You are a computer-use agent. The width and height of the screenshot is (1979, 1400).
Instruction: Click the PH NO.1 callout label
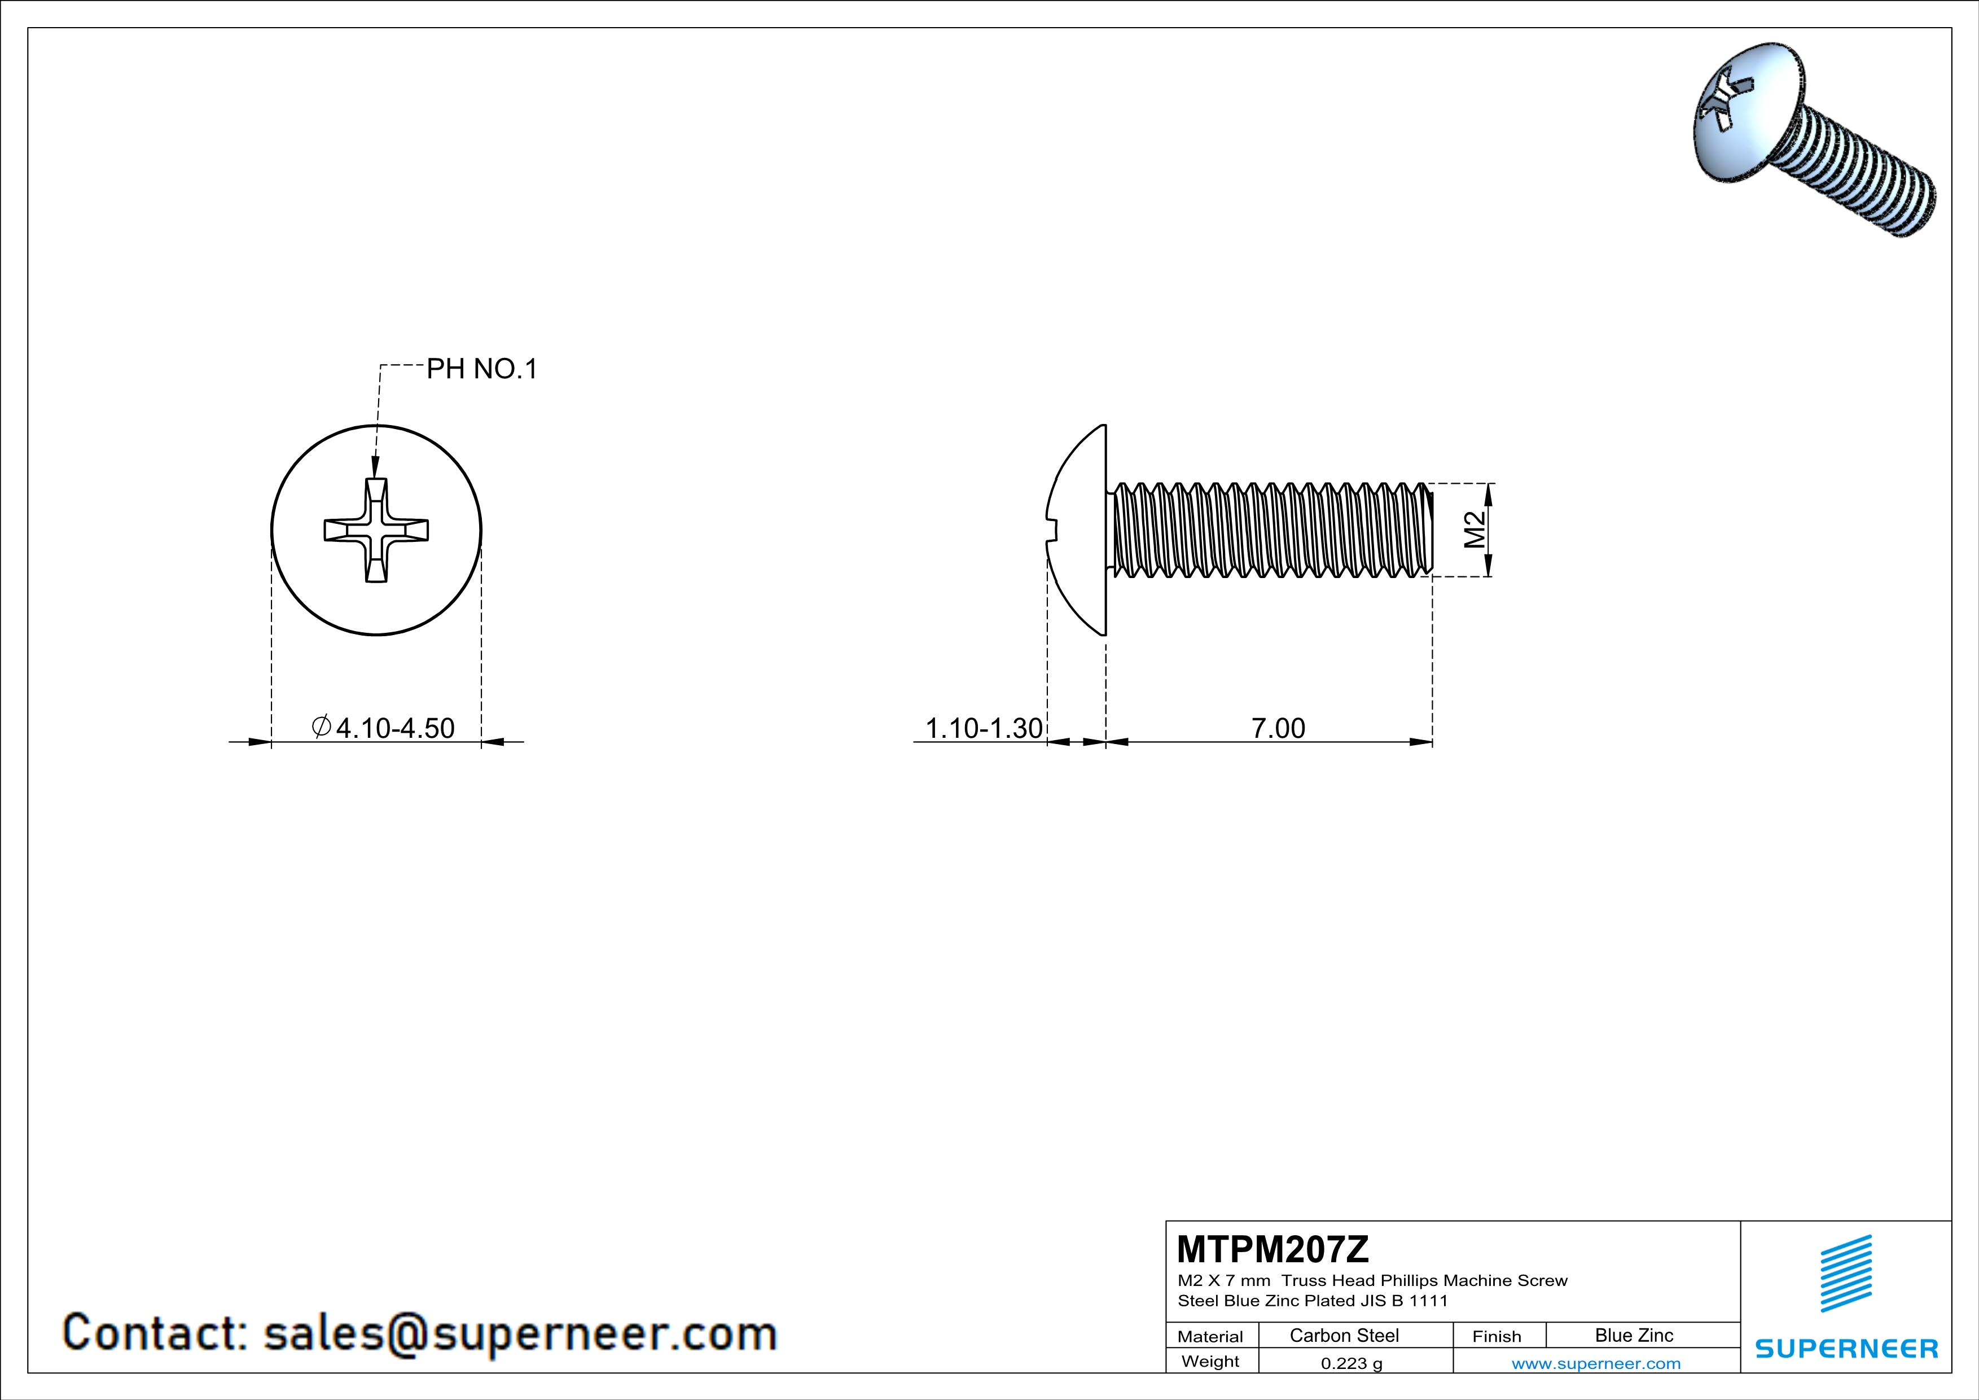(x=482, y=369)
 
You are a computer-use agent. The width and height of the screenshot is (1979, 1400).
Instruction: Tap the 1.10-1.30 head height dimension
(x=984, y=728)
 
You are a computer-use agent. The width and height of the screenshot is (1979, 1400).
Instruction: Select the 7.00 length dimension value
(x=1278, y=728)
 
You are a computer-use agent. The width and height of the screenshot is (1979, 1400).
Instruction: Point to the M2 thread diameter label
(x=1475, y=530)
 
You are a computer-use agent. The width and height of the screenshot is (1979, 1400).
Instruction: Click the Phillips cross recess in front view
(x=376, y=530)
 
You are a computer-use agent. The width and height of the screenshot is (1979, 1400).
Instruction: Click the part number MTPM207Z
(x=1272, y=1248)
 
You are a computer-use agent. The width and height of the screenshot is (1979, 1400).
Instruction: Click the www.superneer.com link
(x=1595, y=1363)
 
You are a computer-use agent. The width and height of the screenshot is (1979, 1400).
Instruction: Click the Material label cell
(x=1210, y=1336)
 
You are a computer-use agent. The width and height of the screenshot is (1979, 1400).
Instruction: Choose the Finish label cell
(x=1497, y=1336)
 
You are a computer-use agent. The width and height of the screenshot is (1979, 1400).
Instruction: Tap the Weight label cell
(x=1210, y=1361)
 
